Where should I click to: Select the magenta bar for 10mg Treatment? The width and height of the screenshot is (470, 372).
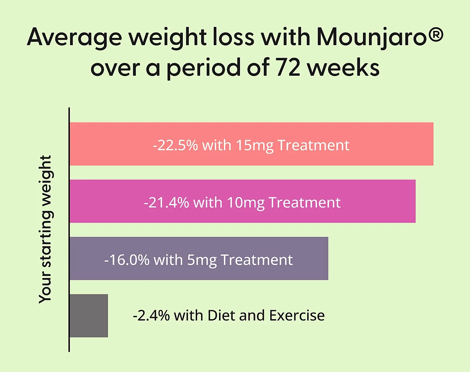point(376,201)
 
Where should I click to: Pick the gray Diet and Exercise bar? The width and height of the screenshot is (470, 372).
point(89,316)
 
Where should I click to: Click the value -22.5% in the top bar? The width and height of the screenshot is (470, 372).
point(175,145)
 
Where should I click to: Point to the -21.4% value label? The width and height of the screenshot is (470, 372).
point(166,203)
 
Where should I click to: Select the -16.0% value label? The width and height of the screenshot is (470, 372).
point(127,260)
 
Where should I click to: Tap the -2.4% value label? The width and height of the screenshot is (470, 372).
point(151,316)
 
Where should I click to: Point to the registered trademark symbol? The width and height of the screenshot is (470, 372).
point(434,35)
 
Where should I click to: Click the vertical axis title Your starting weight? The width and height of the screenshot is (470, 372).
point(45,229)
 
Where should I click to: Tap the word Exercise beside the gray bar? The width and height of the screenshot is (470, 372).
point(297,316)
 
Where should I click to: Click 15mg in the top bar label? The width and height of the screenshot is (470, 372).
point(254,145)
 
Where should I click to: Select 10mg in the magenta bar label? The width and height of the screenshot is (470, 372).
point(245,203)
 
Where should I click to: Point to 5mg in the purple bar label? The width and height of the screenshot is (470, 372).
point(202,260)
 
